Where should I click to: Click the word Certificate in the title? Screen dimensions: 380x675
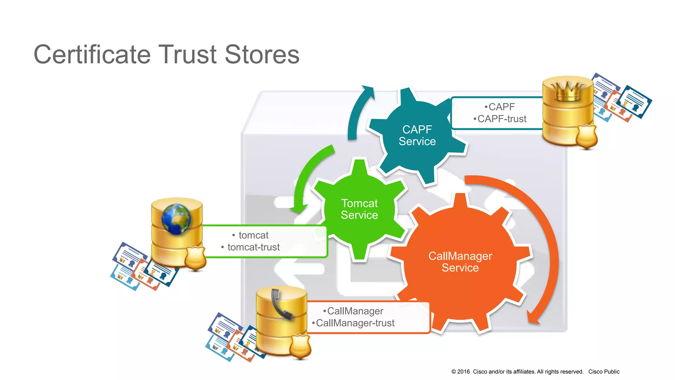coord(92,55)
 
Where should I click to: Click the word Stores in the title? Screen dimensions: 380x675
coord(262,55)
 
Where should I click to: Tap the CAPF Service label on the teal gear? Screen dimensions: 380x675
coord(417,135)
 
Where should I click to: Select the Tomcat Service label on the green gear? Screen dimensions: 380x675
coord(359,209)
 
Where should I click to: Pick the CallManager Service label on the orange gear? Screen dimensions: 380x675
coord(460,262)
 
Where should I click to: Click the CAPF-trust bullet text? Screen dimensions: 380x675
coord(502,119)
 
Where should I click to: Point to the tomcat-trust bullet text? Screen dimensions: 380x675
coord(253,247)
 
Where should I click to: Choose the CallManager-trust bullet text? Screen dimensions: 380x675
coord(355,323)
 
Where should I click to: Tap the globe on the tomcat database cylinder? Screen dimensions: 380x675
coord(176,219)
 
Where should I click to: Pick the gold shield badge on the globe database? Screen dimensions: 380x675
coord(195,258)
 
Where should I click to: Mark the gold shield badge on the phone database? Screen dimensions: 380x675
coord(300,346)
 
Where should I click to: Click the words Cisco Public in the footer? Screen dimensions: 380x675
coord(604,372)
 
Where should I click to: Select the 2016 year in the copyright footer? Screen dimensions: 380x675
coord(463,372)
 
